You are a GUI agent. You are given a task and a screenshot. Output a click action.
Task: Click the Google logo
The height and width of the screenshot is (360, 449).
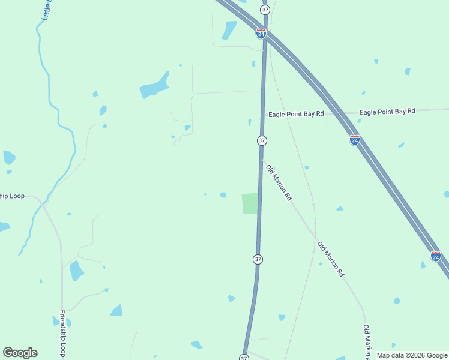(x=20, y=353)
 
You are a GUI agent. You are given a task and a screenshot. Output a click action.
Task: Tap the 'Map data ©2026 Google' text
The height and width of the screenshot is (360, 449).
(x=412, y=355)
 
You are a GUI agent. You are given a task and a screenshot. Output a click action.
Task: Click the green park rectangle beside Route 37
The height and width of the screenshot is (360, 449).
(x=250, y=203)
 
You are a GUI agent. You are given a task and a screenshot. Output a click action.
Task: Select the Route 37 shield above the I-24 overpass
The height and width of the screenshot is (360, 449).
(x=265, y=10)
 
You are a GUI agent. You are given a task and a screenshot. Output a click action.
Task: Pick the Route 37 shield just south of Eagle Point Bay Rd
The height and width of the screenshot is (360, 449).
(x=262, y=140)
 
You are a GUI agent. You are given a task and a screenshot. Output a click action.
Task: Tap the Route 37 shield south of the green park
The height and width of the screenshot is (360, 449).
(x=258, y=259)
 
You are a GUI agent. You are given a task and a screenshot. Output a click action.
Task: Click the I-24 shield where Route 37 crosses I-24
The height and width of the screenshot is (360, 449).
(x=261, y=34)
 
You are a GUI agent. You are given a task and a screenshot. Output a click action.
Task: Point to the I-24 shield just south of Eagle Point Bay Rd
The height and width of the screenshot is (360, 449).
(x=355, y=140)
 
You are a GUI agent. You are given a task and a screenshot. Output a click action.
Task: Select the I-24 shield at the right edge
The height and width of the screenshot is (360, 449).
(x=436, y=256)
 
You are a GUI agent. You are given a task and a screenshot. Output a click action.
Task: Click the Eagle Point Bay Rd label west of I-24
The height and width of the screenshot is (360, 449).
(x=296, y=113)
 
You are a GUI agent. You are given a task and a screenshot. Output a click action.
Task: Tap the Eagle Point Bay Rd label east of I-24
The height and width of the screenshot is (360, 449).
(x=387, y=112)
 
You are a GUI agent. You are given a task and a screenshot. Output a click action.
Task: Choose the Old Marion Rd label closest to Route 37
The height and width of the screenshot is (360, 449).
(x=279, y=182)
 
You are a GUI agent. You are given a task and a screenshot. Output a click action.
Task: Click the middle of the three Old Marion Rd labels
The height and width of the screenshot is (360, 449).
(x=331, y=259)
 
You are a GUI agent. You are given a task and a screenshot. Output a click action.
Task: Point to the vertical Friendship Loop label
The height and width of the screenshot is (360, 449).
(x=62, y=334)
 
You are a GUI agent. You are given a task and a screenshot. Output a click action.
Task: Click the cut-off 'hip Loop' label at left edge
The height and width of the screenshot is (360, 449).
(x=12, y=196)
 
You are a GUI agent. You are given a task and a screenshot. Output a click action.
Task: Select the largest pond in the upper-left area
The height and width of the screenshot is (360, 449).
(x=154, y=86)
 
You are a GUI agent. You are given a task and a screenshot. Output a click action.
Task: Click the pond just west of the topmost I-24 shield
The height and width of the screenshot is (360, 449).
(x=229, y=30)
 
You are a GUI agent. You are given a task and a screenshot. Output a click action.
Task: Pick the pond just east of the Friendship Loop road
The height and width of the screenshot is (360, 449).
(x=76, y=271)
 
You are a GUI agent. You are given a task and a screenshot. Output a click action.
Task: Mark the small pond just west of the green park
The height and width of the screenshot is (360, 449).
(x=223, y=194)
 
